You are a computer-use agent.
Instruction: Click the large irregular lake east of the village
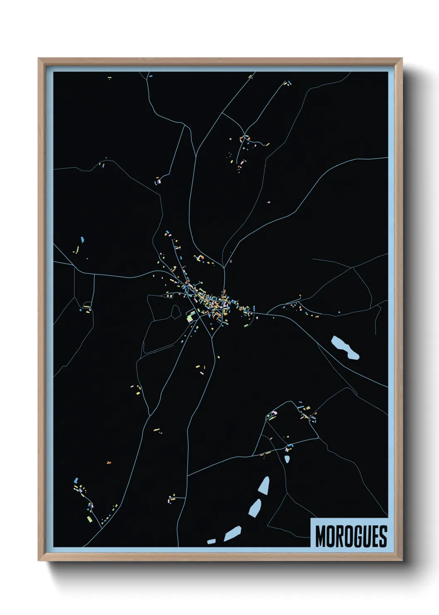click(x=344, y=347)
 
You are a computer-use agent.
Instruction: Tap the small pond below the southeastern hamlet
click(x=287, y=459)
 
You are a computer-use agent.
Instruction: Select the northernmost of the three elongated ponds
click(x=264, y=485)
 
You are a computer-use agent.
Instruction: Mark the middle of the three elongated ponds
click(x=255, y=507)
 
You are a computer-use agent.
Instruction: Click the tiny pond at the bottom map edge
click(x=211, y=541)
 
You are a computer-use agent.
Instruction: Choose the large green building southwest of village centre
click(x=190, y=317)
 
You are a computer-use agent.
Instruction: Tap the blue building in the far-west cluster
click(x=83, y=240)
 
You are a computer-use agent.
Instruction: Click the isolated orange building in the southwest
click(x=109, y=462)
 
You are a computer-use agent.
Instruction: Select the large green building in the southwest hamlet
click(x=89, y=519)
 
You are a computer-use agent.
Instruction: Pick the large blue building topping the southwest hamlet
click(x=76, y=480)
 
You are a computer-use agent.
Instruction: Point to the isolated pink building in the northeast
click(x=269, y=202)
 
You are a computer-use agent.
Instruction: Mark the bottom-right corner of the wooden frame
click(x=402, y=560)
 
